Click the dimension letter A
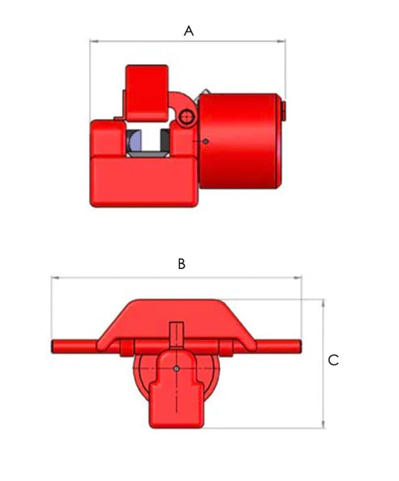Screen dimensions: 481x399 [x=189, y=30]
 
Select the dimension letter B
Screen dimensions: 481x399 [x=182, y=264]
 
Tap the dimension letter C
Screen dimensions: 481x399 [x=333, y=360]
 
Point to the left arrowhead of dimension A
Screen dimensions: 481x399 [x=92, y=40]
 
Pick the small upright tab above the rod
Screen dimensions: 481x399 [x=178, y=334]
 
